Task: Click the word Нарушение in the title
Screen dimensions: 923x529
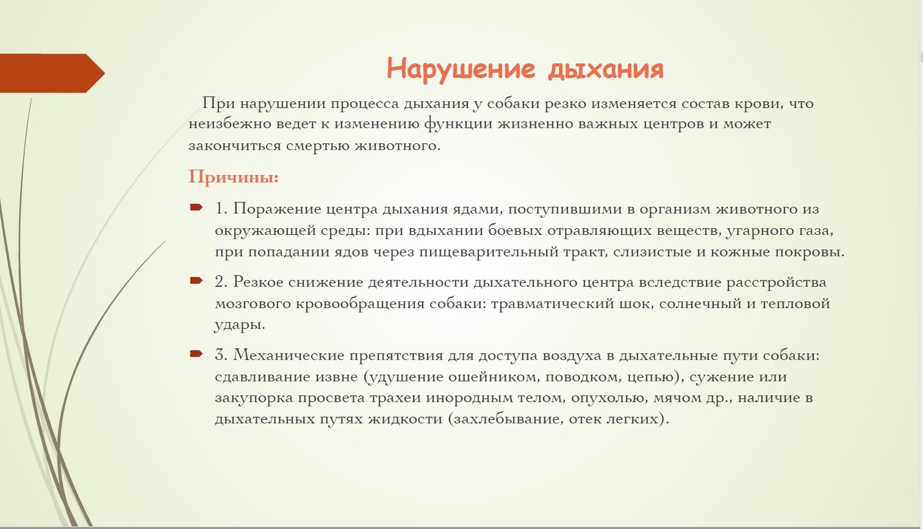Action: coord(461,68)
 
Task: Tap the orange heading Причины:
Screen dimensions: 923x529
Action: coord(234,177)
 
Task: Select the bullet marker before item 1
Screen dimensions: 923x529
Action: coord(196,207)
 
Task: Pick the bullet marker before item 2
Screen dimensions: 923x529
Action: coord(196,280)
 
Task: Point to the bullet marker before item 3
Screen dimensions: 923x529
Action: coord(196,354)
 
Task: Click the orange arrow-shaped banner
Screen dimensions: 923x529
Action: coord(52,73)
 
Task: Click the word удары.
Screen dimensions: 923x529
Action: coord(240,325)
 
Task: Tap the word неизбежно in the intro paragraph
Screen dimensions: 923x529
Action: coord(229,124)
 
